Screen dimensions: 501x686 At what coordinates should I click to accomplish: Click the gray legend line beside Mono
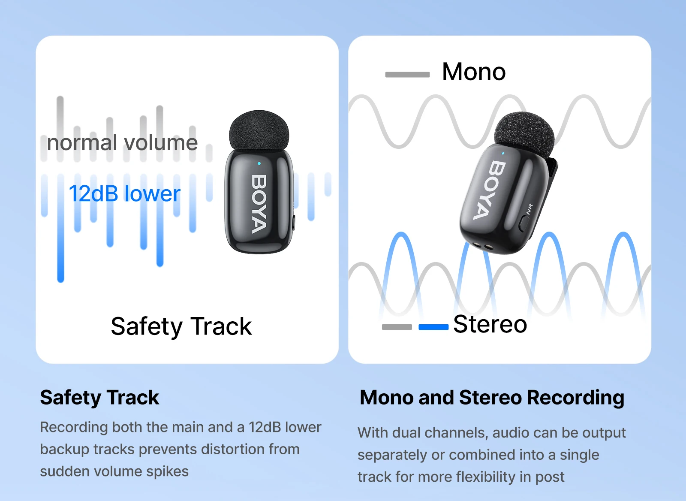(407, 75)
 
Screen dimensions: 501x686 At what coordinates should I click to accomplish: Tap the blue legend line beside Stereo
(433, 327)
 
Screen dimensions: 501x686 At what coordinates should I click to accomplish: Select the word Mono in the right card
(474, 72)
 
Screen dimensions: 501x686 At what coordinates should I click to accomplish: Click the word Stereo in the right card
(490, 324)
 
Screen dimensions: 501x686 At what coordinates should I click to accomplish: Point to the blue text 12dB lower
(124, 194)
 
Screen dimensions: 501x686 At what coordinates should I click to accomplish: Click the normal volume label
(122, 143)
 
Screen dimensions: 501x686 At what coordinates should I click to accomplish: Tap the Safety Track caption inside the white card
(181, 326)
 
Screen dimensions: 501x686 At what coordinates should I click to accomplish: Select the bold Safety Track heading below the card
(99, 398)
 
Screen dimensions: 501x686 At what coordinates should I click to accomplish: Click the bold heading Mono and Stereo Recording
(492, 398)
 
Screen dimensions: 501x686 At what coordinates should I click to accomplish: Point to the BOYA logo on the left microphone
(259, 204)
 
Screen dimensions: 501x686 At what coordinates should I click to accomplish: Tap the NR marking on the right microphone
(530, 209)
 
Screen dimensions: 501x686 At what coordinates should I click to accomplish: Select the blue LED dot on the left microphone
(259, 163)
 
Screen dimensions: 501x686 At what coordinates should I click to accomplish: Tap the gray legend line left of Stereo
(397, 327)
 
